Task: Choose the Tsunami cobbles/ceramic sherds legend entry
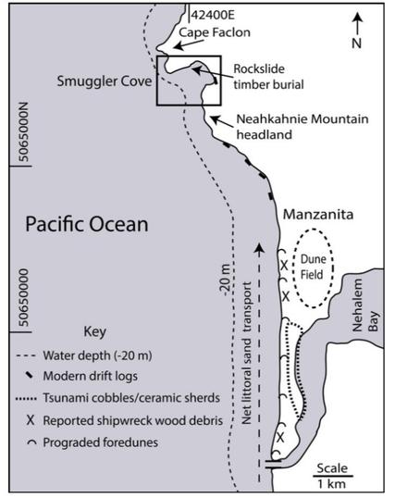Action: click(110, 397)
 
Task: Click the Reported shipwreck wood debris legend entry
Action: click(115, 418)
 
